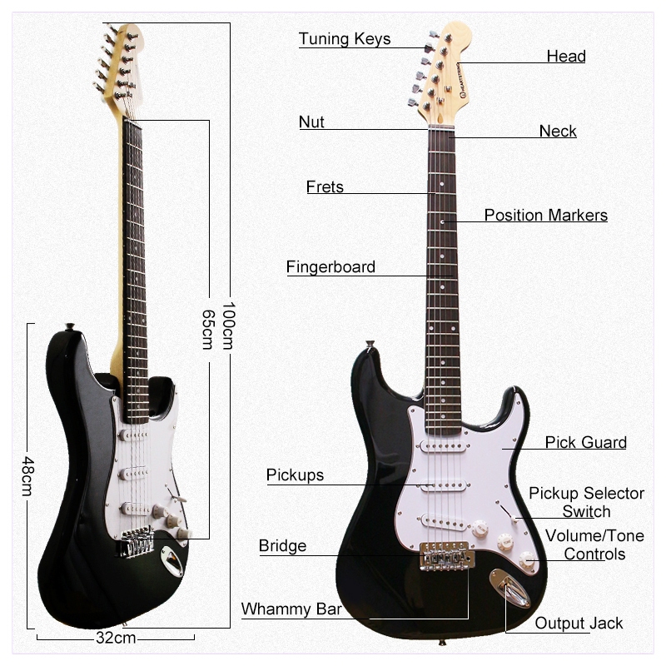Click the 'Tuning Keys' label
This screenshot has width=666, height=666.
345,39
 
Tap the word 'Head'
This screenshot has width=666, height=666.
566,57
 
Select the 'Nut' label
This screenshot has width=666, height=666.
311,122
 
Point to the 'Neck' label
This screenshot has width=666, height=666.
558,131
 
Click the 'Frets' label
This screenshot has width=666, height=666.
325,186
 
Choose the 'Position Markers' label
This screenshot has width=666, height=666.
546,216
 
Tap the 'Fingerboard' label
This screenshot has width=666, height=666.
331,267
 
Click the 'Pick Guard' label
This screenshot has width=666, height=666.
586,442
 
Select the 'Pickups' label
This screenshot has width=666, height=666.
295,475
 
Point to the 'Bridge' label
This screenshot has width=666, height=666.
282,546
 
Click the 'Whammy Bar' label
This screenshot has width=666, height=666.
291,609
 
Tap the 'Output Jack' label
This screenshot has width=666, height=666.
579,623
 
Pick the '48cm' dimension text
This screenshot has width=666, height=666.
27,475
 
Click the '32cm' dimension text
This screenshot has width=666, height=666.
115,639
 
